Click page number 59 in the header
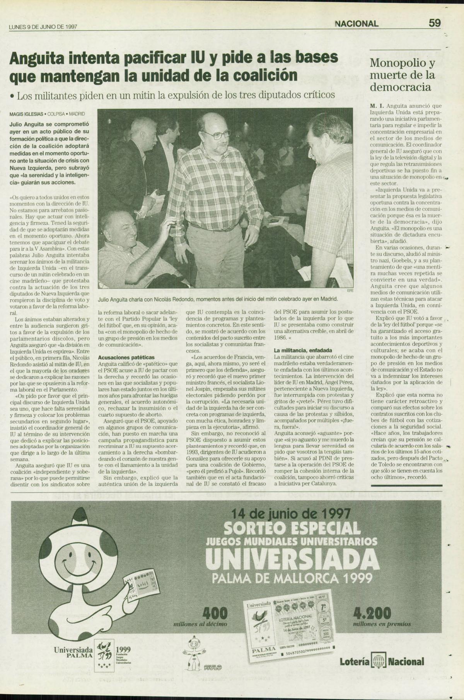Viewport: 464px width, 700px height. [434, 23]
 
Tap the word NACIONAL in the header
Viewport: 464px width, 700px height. [357, 24]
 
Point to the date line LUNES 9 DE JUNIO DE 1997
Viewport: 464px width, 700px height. [43, 27]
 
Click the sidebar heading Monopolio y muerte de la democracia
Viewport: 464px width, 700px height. [403, 75]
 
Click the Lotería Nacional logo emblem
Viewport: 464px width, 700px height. [378, 661]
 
